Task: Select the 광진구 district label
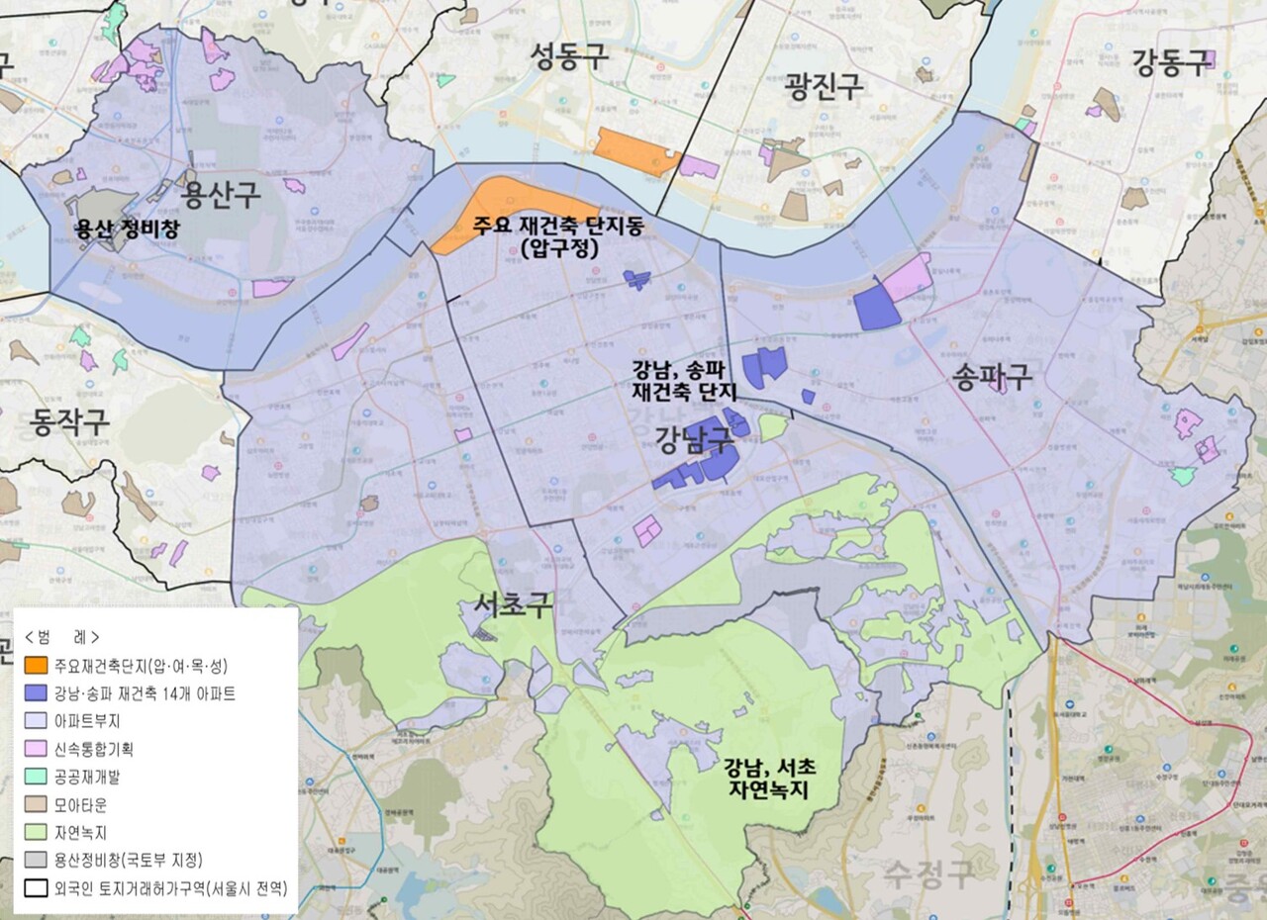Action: [824, 87]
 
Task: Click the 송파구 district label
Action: [993, 376]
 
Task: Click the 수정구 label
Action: [929, 872]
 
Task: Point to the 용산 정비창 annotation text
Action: [130, 229]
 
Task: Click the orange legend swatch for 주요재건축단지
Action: [37, 665]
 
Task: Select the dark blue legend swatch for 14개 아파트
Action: [37, 693]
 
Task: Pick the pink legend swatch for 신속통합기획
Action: [37, 749]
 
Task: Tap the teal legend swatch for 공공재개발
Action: [37, 777]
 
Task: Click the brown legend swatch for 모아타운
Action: [37, 804]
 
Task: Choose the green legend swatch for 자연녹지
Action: [37, 832]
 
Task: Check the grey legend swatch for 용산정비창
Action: [37, 860]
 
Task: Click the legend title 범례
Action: [61, 636]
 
